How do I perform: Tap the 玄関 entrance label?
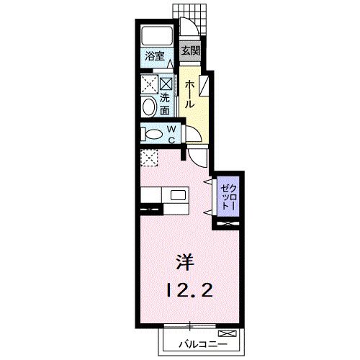pos(190,51)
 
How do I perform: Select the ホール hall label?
pos(189,94)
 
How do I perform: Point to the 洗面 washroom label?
pos(165,104)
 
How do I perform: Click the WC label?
pos(173,134)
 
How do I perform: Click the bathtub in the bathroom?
pos(156,36)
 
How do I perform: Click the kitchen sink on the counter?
pos(178,196)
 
